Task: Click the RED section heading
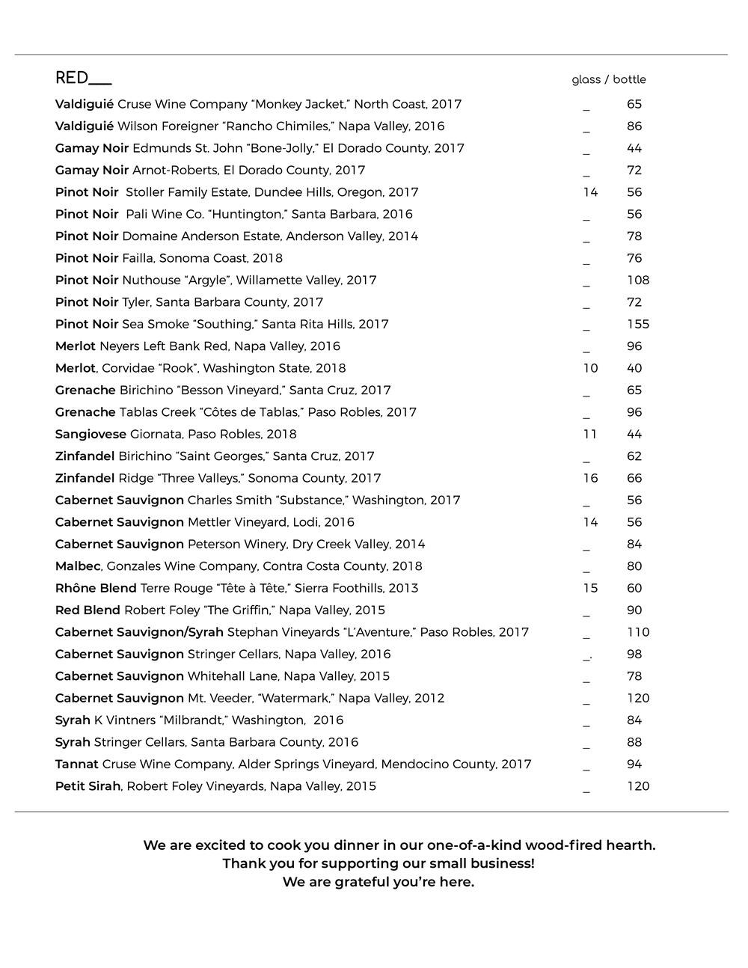coord(73,78)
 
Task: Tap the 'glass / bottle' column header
coord(608,79)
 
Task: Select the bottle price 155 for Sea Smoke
coord(638,324)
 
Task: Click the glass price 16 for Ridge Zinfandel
coord(590,478)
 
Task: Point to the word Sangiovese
coord(91,434)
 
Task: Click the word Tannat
coord(76,764)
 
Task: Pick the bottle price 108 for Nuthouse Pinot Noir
coord(638,280)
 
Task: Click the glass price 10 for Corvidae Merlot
coord(590,368)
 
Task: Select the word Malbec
coord(77,566)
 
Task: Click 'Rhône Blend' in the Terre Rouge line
coord(96,588)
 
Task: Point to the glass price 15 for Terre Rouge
coord(590,588)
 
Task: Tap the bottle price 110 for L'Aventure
coord(638,632)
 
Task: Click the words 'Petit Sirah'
coord(88,786)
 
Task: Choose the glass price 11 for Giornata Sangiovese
coord(590,434)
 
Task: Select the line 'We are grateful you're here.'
coord(378,882)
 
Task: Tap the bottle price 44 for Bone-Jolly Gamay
coord(634,148)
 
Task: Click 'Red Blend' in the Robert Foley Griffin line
coord(88,610)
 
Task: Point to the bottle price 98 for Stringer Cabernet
coord(634,654)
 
